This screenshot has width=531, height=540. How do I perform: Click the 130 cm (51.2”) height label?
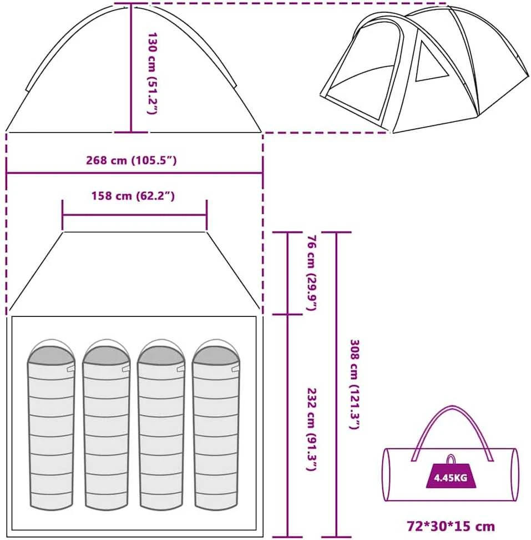152,73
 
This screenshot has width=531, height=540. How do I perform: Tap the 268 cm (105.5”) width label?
131,160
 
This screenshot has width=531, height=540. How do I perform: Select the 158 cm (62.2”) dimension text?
133,196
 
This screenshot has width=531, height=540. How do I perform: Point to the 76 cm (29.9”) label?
311,272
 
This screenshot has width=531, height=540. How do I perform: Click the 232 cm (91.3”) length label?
311,430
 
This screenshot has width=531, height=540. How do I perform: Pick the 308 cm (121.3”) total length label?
355,385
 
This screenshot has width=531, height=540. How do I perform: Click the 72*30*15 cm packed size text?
451,527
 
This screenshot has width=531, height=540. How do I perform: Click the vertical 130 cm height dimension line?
131,68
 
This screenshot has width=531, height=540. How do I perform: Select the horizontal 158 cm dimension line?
135,215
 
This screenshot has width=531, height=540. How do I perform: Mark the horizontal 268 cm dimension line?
135,173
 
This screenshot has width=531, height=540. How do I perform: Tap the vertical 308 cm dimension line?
336,385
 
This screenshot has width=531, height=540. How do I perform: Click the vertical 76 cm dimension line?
287,273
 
